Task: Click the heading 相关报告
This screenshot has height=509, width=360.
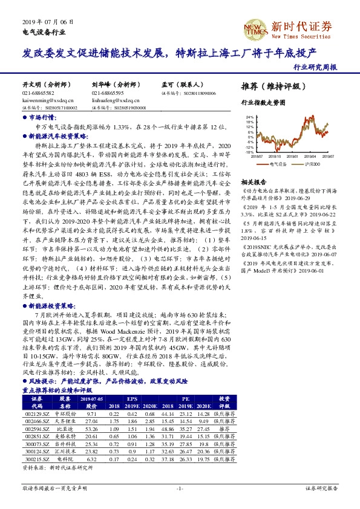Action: point(253,182)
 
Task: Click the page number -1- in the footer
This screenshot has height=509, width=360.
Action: point(180,487)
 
